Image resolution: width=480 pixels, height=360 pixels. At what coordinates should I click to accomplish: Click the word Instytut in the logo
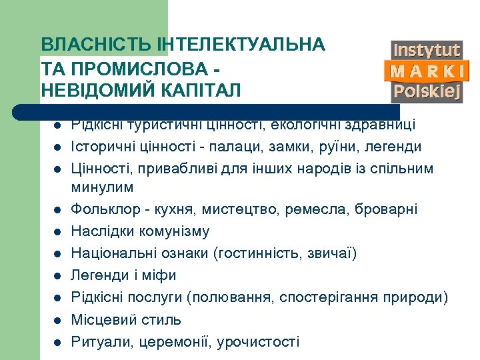(x=427, y=51)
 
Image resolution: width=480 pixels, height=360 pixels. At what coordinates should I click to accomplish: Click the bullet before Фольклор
(x=58, y=210)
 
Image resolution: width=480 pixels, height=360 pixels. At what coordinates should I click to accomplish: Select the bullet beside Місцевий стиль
(x=58, y=320)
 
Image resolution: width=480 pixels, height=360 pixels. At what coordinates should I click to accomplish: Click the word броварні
(x=389, y=209)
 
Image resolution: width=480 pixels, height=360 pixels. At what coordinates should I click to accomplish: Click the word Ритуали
(x=96, y=341)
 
